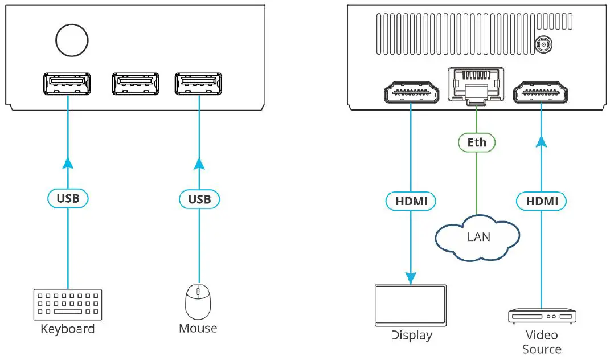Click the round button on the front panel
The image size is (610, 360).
click(x=72, y=40)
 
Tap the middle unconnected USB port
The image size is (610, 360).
click(x=136, y=84)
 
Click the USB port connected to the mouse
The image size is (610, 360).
click(x=199, y=84)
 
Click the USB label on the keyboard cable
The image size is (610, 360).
click(x=67, y=199)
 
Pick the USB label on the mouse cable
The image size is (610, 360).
click(x=199, y=199)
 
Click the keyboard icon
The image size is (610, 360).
click(x=68, y=305)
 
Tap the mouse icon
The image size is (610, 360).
click(x=198, y=301)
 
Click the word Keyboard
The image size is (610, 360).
click(x=67, y=329)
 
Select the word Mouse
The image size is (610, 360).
click(x=198, y=329)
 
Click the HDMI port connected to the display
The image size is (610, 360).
click(x=410, y=92)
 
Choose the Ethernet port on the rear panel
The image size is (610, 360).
click(x=476, y=85)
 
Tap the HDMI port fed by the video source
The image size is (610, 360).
click(x=541, y=92)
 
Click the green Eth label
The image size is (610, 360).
click(x=477, y=142)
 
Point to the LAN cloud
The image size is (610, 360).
click(x=478, y=236)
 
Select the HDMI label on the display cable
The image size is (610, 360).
click(x=411, y=201)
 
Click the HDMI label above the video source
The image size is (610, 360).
click(x=541, y=201)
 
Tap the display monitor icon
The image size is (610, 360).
click(x=411, y=304)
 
